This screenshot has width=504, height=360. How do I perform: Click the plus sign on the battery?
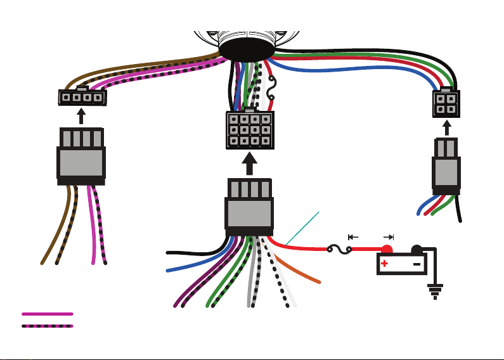click(x=385, y=264)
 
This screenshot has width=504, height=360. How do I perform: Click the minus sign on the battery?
click(x=417, y=264)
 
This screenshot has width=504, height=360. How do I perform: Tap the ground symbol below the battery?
click(x=434, y=292)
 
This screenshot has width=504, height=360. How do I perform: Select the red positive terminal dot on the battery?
click(x=386, y=250)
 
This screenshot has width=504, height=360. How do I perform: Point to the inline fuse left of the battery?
click(x=339, y=250)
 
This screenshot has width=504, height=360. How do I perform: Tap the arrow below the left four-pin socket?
click(x=81, y=116)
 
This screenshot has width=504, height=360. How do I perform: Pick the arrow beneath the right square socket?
click(x=446, y=127)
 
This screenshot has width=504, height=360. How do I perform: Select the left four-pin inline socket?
click(x=81, y=97)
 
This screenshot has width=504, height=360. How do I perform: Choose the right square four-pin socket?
click(x=446, y=103)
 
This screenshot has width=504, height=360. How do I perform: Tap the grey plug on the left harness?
click(x=81, y=162)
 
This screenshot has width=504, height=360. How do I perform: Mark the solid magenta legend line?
click(x=48, y=314)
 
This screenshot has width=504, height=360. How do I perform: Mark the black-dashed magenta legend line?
click(x=48, y=326)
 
